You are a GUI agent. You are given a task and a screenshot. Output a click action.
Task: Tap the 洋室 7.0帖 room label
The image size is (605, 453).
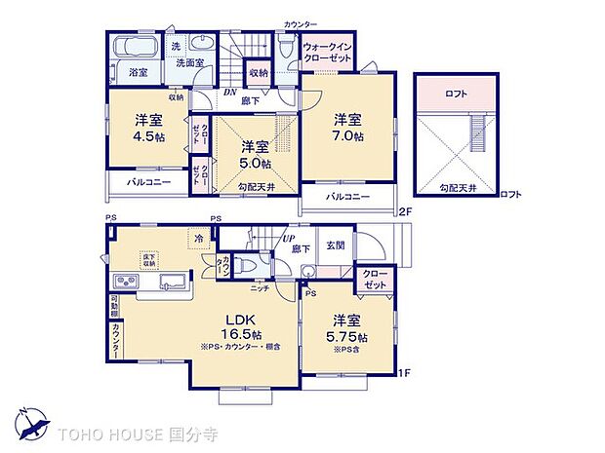(348, 129)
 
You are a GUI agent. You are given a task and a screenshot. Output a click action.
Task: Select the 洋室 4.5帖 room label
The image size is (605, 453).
(148, 129)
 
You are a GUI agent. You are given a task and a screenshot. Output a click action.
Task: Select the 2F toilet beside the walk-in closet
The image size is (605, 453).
(285, 47)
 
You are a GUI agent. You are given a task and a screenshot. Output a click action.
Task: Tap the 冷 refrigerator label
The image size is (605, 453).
(198, 238)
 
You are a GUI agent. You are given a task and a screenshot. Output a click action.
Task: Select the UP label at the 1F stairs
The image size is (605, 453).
(289, 238)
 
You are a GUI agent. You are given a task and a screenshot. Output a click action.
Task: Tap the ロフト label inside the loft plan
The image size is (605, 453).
(455, 94)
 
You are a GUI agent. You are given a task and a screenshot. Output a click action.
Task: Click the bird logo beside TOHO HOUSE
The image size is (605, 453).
(36, 425)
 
